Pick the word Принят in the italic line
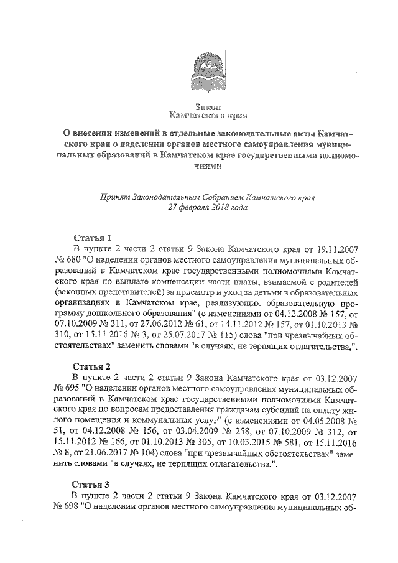(115, 197)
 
